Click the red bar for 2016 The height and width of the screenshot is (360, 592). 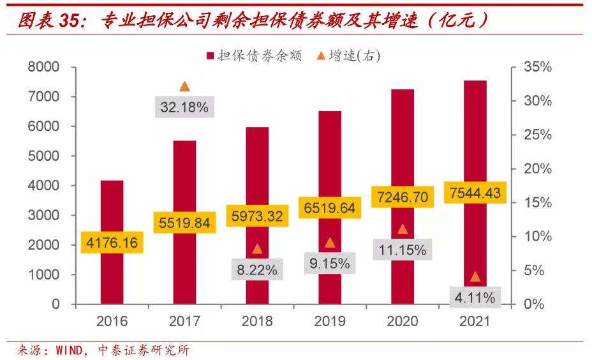(x=112, y=211)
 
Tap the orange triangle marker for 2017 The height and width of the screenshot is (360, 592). (x=184, y=87)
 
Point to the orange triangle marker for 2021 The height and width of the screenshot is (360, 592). (x=475, y=276)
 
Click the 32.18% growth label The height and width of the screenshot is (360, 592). (x=184, y=107)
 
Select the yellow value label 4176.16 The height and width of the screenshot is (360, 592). (x=112, y=243)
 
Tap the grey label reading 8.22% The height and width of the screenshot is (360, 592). (x=257, y=270)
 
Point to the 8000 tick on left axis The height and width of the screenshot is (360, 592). (x=43, y=68)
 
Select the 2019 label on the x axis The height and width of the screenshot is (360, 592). (x=330, y=320)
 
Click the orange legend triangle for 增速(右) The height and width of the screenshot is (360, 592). (x=321, y=56)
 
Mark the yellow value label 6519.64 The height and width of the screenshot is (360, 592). (x=330, y=207)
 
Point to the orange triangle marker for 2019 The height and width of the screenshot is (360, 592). (x=330, y=243)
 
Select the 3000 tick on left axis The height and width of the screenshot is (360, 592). (x=43, y=216)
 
